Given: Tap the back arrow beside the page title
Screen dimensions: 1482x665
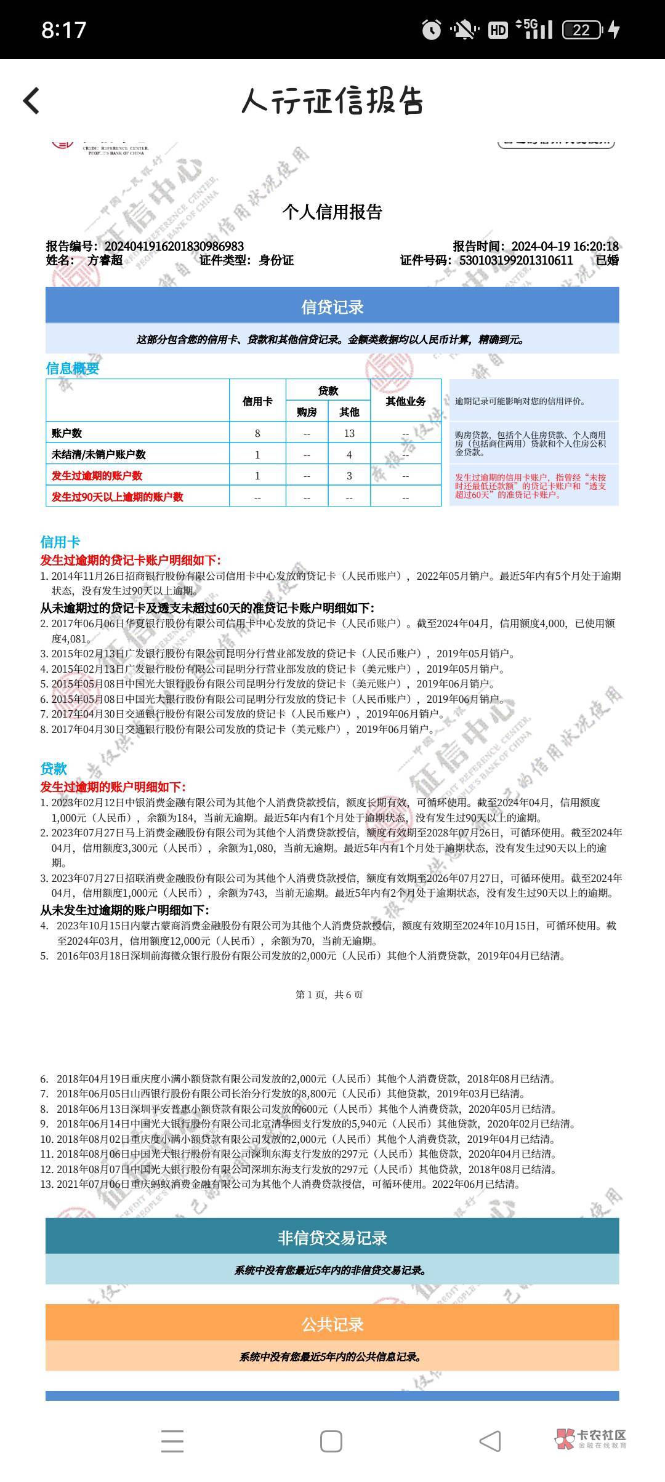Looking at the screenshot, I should tap(31, 100).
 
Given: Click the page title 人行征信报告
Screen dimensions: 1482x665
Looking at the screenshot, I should tap(332, 101).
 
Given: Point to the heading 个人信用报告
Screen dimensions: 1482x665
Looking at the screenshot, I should tap(332, 212).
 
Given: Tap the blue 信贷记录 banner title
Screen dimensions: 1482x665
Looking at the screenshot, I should tap(332, 306).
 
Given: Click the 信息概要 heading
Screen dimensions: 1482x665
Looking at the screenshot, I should tap(73, 368).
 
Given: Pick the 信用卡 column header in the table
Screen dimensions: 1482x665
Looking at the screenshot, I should tap(257, 401).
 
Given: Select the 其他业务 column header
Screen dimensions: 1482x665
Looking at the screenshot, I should tap(406, 401).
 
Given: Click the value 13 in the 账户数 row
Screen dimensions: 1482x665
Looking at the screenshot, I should tap(349, 433).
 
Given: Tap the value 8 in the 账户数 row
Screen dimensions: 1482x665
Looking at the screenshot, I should tap(257, 433).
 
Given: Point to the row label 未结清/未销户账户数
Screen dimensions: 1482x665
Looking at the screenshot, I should tap(99, 455).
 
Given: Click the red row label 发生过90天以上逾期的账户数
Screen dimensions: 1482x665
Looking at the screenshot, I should tap(117, 497).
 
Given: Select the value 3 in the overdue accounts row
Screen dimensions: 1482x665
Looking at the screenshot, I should tap(349, 476).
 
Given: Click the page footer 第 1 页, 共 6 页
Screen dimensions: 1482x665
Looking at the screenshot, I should tap(329, 995).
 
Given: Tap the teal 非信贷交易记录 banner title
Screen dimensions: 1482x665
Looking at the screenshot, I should tap(332, 1238).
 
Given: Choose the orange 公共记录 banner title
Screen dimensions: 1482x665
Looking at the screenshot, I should tap(332, 1324).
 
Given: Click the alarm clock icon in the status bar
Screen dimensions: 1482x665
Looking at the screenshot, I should tap(431, 30).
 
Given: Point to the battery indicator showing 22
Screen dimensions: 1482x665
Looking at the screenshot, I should tap(582, 30).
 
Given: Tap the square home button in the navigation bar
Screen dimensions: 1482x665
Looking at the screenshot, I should tap(331, 1441).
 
